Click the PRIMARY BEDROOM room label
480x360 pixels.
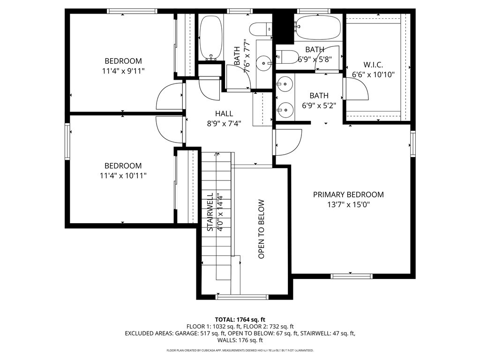(x=348, y=195)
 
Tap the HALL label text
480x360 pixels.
(x=224, y=113)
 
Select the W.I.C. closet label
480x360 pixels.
(x=373, y=65)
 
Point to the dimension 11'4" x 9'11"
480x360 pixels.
(x=123, y=71)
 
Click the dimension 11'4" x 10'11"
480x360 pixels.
(x=123, y=176)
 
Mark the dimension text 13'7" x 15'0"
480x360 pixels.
(x=348, y=205)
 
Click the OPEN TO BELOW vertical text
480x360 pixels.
(x=262, y=229)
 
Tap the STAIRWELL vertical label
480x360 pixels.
(x=210, y=212)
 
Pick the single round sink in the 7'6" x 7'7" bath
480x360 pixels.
(x=266, y=61)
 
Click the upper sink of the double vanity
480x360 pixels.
(x=284, y=85)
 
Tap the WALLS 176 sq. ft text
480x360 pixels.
(x=240, y=341)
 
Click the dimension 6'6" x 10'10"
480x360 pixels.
(x=373, y=75)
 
